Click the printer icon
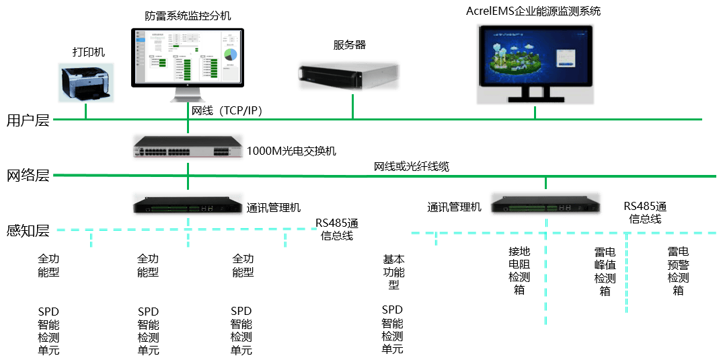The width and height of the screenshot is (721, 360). pyautogui.click(x=85, y=83)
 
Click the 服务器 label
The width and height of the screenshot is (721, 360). pyautogui.click(x=350, y=45)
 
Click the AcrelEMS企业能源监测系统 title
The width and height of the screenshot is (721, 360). pyautogui.click(x=533, y=11)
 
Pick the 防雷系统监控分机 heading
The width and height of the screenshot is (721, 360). pyautogui.click(x=188, y=15)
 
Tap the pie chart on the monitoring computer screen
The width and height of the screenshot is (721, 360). pyautogui.click(x=231, y=55)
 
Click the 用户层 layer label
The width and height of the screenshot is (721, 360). pyautogui.click(x=28, y=121)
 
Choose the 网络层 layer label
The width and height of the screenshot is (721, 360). pyautogui.click(x=28, y=176)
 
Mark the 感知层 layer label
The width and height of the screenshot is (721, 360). pyautogui.click(x=28, y=231)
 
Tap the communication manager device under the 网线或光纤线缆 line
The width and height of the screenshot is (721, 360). pyautogui.click(x=545, y=204)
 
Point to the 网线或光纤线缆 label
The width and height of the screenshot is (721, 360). pyautogui.click(x=412, y=166)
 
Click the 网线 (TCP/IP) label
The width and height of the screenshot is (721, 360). pyautogui.click(x=226, y=111)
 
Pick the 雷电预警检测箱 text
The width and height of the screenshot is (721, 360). pyautogui.click(x=677, y=271)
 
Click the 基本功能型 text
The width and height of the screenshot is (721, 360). pyautogui.click(x=393, y=271)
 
